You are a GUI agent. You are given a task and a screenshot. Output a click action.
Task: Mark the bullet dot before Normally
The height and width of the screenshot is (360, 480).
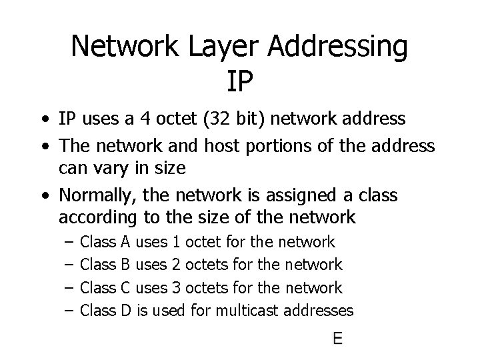pyautogui.click(x=43, y=197)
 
